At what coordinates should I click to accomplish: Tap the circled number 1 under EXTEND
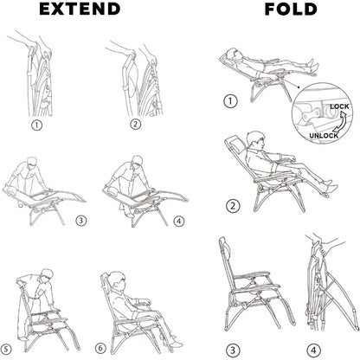(x=36, y=125)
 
